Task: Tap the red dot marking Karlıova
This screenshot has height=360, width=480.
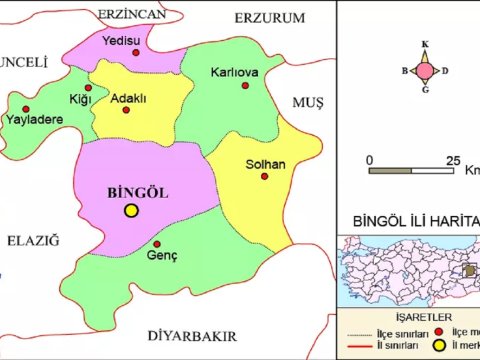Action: pos(245,86)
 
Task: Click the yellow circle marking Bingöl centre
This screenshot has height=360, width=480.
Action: pos(131,210)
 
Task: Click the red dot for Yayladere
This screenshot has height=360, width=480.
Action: pos(26,109)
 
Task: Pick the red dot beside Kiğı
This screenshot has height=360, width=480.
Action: pos(88,88)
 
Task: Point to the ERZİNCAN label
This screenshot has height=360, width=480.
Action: pos(130,12)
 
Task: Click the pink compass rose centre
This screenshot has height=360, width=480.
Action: pos(425,70)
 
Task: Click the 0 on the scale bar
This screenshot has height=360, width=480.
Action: pos(370,160)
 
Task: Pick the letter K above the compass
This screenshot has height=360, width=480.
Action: pos(425,44)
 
